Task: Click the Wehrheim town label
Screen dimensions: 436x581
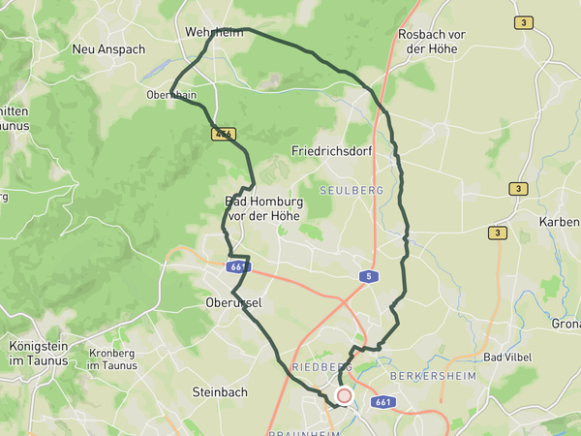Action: (212, 32)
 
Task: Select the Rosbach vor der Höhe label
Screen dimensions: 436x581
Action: (432, 41)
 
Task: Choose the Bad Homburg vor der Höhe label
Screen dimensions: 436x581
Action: (264, 208)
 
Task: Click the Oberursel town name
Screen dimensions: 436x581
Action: (234, 302)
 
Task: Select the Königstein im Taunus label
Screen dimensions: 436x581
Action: (39, 353)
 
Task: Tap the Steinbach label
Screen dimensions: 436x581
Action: (220, 392)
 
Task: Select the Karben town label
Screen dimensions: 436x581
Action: (559, 221)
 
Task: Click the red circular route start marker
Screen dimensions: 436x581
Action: (344, 395)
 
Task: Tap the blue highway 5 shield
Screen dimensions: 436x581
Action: (368, 277)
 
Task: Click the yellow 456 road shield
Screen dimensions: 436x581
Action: (224, 135)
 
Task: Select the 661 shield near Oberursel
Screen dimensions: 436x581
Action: (237, 266)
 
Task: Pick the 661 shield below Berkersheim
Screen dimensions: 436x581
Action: (383, 401)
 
